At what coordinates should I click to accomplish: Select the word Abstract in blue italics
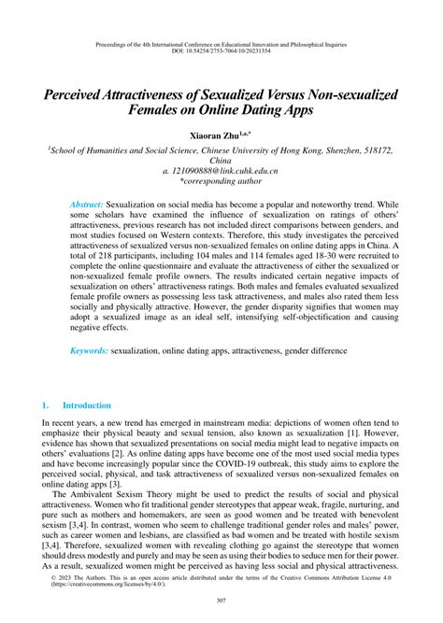[x=88, y=204]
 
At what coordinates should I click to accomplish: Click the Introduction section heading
[x=86, y=405]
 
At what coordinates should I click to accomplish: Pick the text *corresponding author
[x=221, y=184]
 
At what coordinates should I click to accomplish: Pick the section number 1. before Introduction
[x=45, y=405]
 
